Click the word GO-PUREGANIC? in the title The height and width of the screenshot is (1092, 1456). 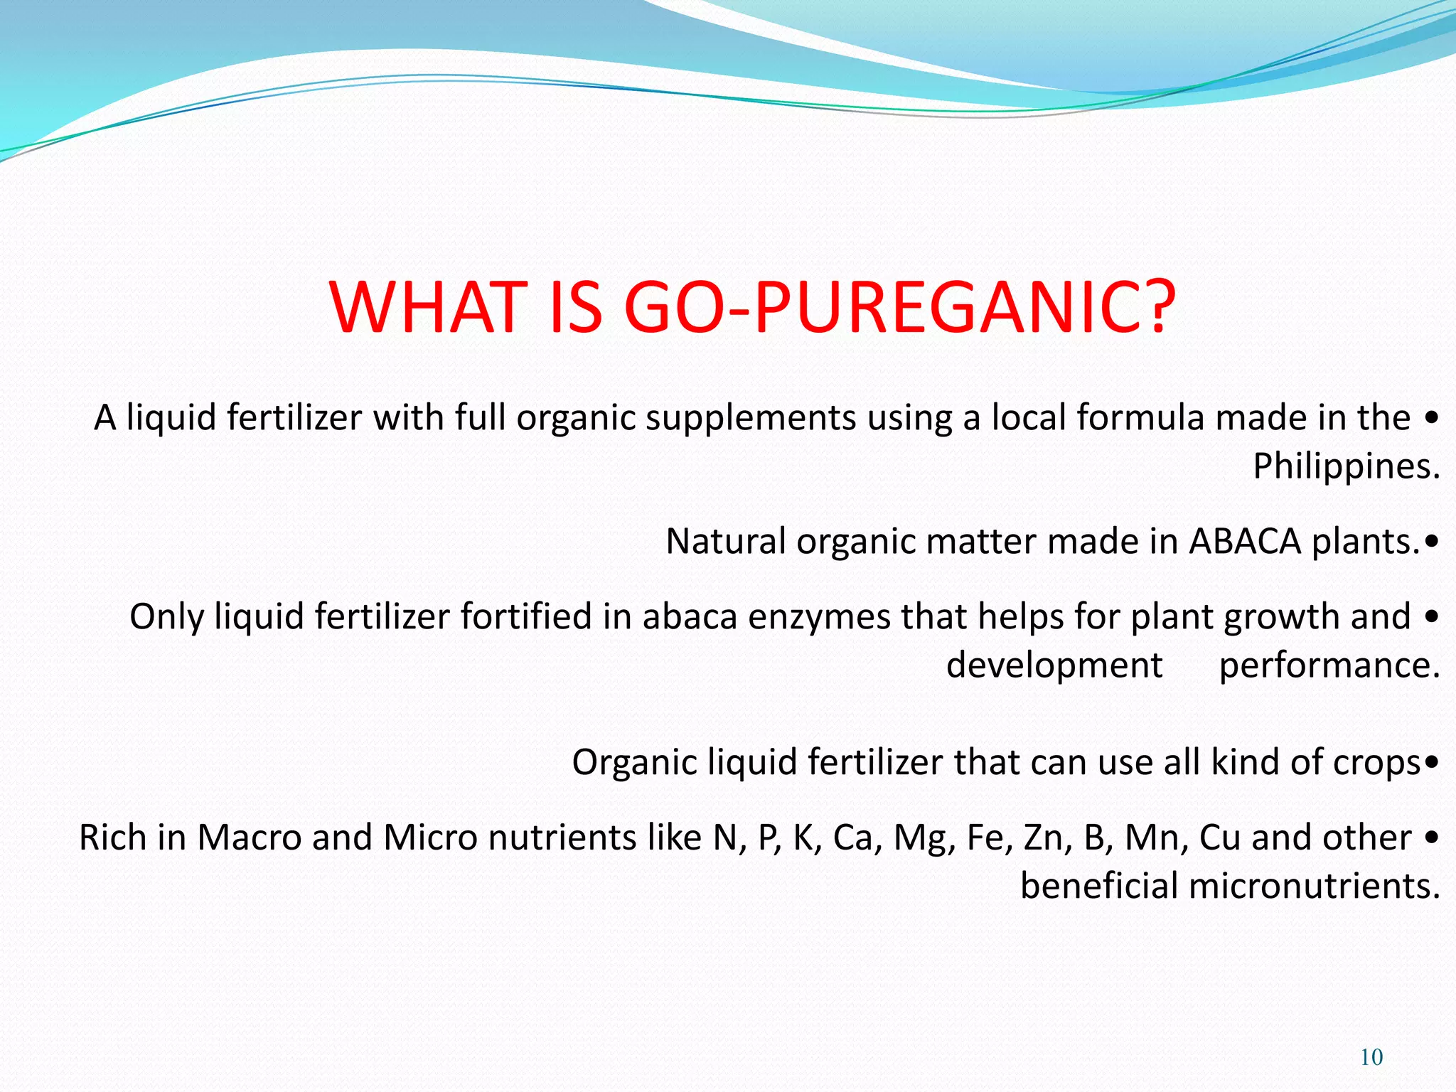click(x=900, y=307)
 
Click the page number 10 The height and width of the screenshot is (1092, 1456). click(x=1371, y=1057)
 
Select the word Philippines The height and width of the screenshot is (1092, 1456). click(x=1345, y=467)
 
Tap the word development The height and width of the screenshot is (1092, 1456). click(x=1054, y=666)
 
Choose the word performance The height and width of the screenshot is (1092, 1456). click(x=1329, y=666)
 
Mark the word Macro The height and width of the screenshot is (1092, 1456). click(x=249, y=838)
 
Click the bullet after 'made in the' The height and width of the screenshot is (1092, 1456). click(x=1432, y=418)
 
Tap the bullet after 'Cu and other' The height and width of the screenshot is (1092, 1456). click(x=1432, y=838)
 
